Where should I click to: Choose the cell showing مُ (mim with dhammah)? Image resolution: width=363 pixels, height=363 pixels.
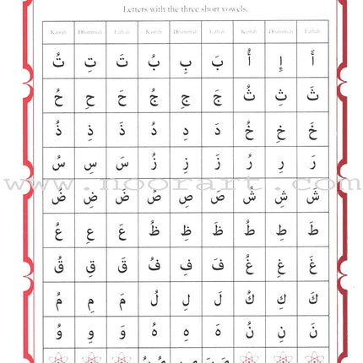(58, 296)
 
